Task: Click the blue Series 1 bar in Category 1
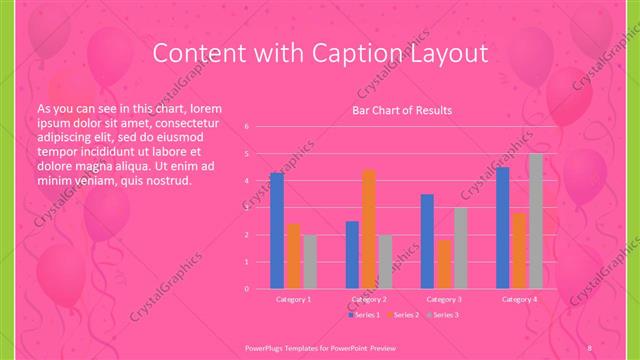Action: click(277, 231)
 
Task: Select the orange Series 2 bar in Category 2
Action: click(369, 229)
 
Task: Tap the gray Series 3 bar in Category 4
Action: click(536, 221)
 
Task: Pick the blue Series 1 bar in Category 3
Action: click(427, 241)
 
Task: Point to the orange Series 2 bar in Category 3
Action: click(444, 264)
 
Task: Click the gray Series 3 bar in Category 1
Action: click(310, 261)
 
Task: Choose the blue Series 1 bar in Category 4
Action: click(503, 228)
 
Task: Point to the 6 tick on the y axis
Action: click(246, 127)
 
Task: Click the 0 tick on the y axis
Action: click(246, 289)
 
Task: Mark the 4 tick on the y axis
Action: click(246, 181)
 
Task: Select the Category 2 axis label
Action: click(369, 299)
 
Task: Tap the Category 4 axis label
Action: click(519, 299)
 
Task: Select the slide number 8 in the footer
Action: click(590, 346)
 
